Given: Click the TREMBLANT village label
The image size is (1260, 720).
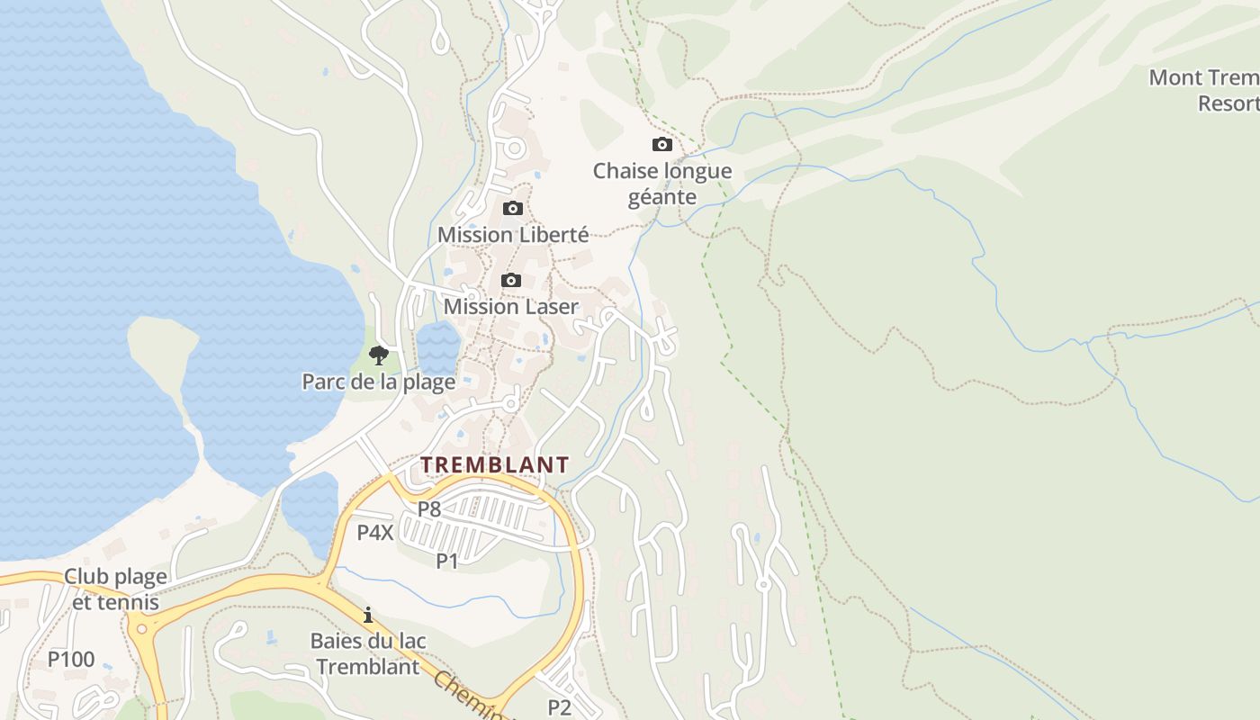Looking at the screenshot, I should [x=495, y=464].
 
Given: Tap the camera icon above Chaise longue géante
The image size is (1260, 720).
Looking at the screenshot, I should [x=661, y=145].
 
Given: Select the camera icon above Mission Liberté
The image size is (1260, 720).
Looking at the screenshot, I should [x=512, y=209].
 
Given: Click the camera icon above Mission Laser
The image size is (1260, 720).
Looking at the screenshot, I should [x=510, y=281].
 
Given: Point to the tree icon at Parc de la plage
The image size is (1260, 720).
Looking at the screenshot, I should [x=379, y=355].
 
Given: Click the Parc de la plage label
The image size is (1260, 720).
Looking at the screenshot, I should [x=378, y=382].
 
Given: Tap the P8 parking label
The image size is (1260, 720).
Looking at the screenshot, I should [x=429, y=509].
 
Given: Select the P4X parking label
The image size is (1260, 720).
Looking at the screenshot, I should [x=375, y=533].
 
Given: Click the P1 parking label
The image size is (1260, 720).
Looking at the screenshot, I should [x=447, y=562].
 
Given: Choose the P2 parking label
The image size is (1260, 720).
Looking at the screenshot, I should [x=560, y=707].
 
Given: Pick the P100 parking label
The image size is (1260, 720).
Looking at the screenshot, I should [x=71, y=660].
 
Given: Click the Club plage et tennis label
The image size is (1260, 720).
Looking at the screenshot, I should [x=115, y=589].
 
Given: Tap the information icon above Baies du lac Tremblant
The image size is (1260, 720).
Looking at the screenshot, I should [x=367, y=616].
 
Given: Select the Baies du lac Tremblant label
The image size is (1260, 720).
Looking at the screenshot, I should [x=368, y=654].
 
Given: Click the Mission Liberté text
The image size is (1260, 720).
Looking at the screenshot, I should [x=513, y=235].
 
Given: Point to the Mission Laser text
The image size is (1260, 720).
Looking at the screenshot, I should [x=511, y=307].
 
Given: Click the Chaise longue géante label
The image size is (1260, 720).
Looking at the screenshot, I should [x=662, y=184].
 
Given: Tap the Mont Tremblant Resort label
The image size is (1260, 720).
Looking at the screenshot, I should [x=1206, y=90].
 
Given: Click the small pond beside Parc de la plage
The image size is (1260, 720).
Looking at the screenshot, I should [x=438, y=346].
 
